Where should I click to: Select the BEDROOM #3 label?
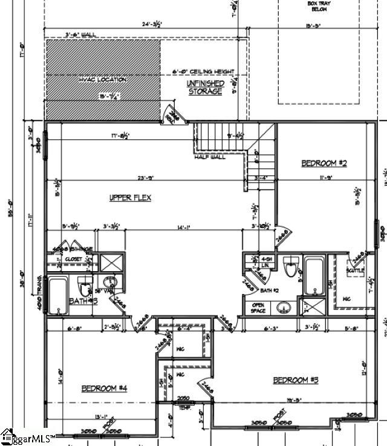pyautogui.click(x=296, y=380)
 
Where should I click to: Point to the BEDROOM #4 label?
pyautogui.click(x=103, y=388)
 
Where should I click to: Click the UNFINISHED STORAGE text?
pyautogui.click(x=205, y=87)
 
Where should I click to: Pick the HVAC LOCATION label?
pyautogui.click(x=102, y=79)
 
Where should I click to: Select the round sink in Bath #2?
pyautogui.click(x=283, y=308)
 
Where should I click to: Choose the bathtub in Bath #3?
pyautogui.click(x=58, y=296)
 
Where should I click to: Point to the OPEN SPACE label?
pyautogui.click(x=258, y=308)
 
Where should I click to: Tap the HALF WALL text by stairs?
pyautogui.click(x=210, y=157)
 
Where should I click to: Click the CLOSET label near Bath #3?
pyautogui.click(x=74, y=259)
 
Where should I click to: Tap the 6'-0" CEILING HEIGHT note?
pyautogui.click(x=203, y=71)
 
